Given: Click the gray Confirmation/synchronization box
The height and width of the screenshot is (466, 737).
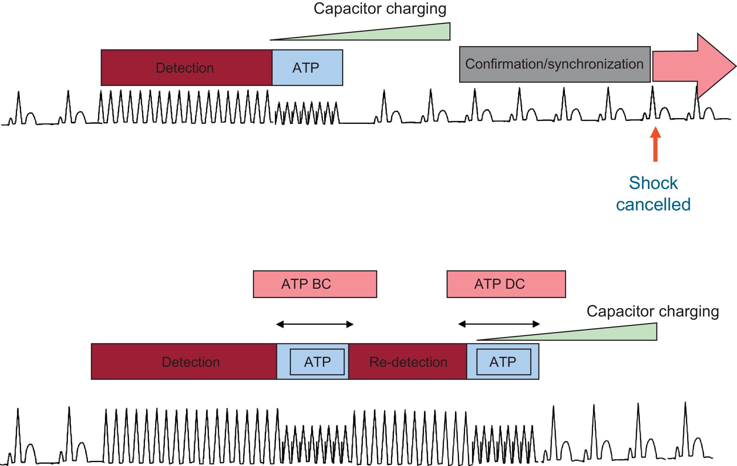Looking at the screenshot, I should point(555,64).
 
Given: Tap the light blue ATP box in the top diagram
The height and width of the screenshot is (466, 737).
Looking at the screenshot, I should point(307,68).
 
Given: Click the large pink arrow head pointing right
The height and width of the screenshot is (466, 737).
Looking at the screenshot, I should point(713,66).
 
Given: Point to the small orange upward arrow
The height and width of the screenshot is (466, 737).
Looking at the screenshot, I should point(655,144).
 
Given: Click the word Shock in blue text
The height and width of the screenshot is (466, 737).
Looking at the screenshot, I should point(653,183).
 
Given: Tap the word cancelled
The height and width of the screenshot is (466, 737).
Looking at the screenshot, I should point(653,205).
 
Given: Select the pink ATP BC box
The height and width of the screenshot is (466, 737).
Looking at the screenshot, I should point(315,284).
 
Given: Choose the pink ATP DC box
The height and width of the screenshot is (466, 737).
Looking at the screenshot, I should point(506,284).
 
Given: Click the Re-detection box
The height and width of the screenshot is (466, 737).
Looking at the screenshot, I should point(408,362).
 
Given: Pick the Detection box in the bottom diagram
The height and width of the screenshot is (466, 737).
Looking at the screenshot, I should point(184,362).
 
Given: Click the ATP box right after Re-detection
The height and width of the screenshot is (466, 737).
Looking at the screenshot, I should point(503,362).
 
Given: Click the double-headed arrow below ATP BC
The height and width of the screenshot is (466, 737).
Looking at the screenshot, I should point(315,324).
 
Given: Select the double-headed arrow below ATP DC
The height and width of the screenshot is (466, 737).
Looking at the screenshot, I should point(499,324).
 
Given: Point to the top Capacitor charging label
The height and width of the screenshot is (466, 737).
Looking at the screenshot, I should point(380,9).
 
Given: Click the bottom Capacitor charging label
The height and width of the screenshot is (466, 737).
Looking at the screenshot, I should point(652,312).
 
